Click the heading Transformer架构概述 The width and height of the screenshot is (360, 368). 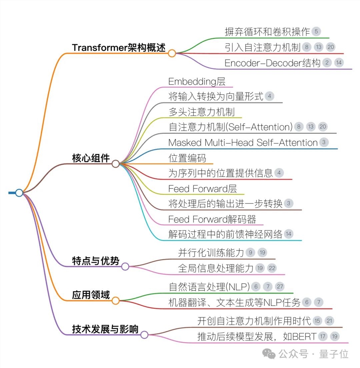119,48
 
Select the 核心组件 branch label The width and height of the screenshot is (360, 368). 91,158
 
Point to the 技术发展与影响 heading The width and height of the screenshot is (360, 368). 105,329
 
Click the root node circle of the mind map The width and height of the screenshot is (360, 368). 19,193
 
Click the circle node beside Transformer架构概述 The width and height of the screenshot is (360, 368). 172,54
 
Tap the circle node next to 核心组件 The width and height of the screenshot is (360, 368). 116,164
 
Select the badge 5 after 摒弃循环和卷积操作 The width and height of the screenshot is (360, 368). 316,32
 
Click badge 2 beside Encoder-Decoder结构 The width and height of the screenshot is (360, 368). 327,63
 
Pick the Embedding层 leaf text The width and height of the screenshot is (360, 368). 197,82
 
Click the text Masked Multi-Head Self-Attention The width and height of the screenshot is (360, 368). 243,143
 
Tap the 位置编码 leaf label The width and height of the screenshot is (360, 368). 186,158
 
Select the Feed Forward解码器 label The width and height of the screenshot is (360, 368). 212,219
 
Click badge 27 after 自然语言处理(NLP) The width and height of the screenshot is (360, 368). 280,287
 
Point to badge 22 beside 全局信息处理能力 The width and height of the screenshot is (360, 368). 271,268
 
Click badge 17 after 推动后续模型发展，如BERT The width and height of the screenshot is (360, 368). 323,337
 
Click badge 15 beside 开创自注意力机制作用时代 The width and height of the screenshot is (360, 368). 317,320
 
